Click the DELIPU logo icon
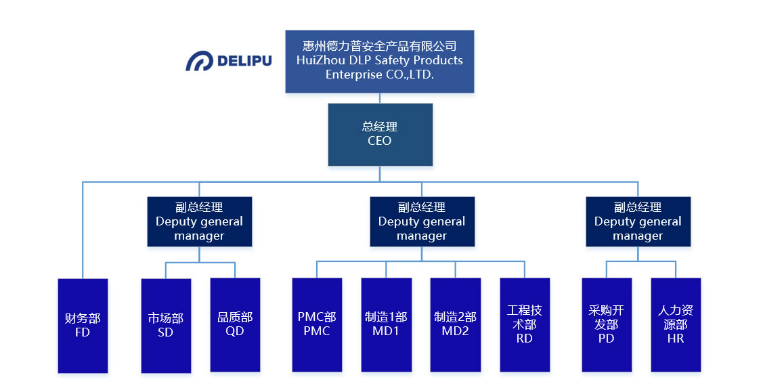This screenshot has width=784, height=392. [x=199, y=61]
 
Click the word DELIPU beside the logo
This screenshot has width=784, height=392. [x=244, y=61]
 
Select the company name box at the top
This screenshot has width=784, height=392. [x=379, y=61]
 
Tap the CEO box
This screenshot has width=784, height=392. [x=380, y=134]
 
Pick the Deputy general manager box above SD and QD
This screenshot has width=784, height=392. [x=199, y=221]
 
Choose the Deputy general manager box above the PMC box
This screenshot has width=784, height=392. [x=421, y=221]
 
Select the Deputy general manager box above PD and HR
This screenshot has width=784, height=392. [x=638, y=221]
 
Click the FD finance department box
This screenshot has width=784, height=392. [x=83, y=325]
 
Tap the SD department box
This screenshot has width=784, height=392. [x=165, y=325]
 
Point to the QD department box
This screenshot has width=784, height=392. [x=235, y=325]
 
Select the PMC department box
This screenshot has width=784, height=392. [x=317, y=325]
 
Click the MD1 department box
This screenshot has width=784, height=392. [x=386, y=325]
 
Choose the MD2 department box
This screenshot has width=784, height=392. [x=455, y=325]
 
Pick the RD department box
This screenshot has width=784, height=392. [x=525, y=325]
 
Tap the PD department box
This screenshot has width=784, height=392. [x=606, y=325]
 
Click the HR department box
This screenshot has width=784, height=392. [x=676, y=325]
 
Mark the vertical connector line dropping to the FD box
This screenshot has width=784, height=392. [x=83, y=230]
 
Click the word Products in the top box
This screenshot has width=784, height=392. [x=439, y=60]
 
